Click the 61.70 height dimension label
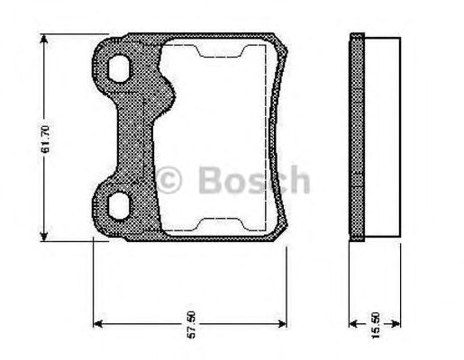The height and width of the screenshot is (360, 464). (x=45, y=139)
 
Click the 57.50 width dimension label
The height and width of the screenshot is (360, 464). (x=191, y=325)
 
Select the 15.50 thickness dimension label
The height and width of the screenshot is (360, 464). (x=376, y=325)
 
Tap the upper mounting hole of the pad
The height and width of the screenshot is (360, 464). (x=119, y=68)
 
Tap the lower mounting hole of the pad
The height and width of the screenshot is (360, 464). (x=119, y=206)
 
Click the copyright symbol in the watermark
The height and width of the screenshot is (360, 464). (x=168, y=180)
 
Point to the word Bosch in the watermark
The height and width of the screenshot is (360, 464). (x=254, y=180)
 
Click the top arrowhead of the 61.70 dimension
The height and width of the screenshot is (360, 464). (x=44, y=40)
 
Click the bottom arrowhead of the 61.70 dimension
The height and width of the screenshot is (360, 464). (x=44, y=235)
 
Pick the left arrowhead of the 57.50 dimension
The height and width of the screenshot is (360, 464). (x=99, y=324)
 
